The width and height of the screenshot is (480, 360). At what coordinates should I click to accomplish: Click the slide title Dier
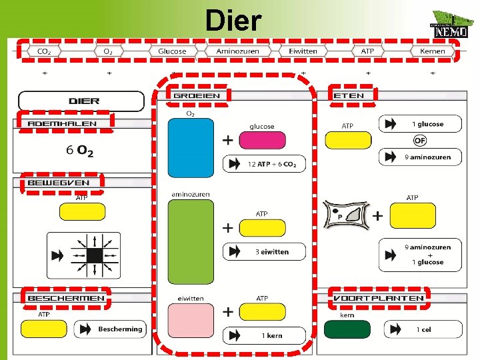[x=233, y=21]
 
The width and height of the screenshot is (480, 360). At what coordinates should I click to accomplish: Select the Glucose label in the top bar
[x=172, y=51]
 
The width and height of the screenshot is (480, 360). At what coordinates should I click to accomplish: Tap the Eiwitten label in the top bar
[x=303, y=51]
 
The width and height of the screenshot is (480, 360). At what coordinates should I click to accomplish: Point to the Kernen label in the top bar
[x=432, y=51]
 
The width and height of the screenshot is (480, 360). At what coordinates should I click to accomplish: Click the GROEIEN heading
[x=197, y=96]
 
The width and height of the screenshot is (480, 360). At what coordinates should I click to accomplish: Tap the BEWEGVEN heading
[x=59, y=183]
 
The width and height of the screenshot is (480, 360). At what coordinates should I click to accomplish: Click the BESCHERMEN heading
[x=65, y=298]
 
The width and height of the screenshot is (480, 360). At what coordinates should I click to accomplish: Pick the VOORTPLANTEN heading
[x=379, y=298]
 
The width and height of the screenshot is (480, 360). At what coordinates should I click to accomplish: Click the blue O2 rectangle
[x=191, y=149]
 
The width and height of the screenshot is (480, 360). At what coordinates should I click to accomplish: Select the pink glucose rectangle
[x=261, y=140]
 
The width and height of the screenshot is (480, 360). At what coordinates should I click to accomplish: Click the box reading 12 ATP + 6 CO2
[x=265, y=164]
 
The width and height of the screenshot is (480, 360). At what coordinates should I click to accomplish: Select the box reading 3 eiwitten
[x=265, y=251]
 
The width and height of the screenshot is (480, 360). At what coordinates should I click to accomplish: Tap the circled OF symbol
[x=420, y=141]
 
